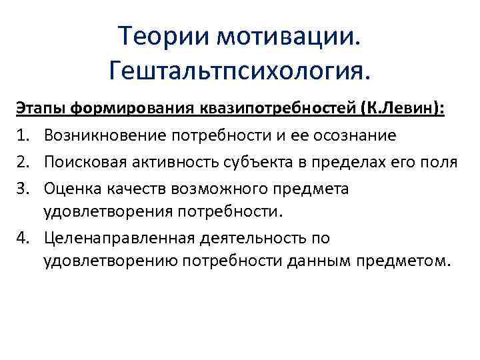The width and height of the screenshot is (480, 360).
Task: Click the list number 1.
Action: [x=21, y=136]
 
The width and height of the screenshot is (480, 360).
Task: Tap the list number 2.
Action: [x=21, y=163]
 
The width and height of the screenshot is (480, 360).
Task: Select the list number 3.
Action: [x=21, y=189]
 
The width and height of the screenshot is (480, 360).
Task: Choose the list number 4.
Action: [x=21, y=239]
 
